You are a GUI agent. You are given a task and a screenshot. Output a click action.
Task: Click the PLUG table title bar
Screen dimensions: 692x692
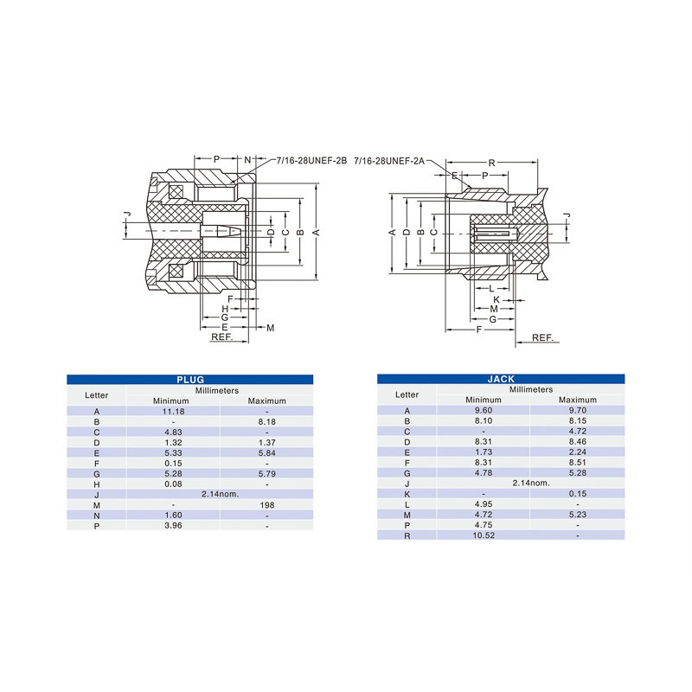pos(189,379)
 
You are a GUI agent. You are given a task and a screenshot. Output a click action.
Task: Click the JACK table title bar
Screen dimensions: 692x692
pos(501,379)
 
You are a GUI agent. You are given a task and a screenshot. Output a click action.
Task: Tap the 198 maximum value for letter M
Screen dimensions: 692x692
pos(266,504)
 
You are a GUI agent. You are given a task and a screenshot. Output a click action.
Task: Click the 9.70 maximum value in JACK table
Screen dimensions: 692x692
pos(577,410)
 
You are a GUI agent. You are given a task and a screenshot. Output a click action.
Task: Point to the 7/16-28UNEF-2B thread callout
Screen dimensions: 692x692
pos(311,161)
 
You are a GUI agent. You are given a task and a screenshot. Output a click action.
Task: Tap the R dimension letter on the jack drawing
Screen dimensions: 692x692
pos(491,163)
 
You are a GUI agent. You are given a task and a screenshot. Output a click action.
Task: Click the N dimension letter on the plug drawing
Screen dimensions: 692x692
pos(247,160)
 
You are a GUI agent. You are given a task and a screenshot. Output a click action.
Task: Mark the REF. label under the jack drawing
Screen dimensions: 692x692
pos(542,337)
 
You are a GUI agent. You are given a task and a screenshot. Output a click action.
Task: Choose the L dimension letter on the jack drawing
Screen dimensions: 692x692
pos(490,288)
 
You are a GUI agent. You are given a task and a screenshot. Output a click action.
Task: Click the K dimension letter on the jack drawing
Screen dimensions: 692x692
pos(497,299)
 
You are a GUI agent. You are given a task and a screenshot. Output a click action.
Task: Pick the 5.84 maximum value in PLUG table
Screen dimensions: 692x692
pos(266,452)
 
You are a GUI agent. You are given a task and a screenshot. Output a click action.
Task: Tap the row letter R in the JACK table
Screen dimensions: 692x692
pos(407,535)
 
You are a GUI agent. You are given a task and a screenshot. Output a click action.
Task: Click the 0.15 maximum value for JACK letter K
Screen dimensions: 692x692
pos(577,494)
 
